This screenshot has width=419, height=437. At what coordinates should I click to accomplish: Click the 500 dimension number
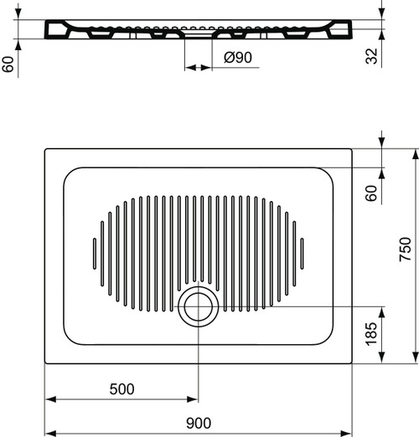[x=122, y=388]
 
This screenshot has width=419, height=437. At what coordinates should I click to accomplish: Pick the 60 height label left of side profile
[x=9, y=64]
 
